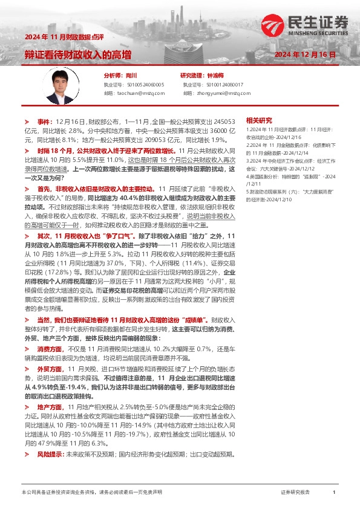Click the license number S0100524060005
[x=142, y=85]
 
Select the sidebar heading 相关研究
[x=259, y=121]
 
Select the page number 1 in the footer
[x=334, y=492]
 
